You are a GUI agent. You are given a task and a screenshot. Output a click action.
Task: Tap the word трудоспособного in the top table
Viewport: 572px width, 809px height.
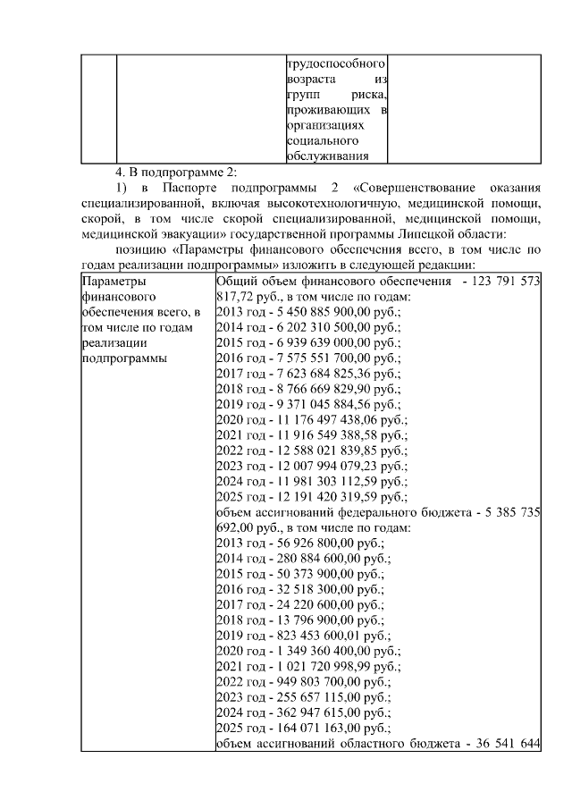(x=335, y=64)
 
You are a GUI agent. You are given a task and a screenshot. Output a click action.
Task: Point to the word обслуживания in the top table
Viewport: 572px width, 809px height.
(x=327, y=156)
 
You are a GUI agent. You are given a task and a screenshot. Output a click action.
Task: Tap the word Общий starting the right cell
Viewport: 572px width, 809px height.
(x=238, y=281)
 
